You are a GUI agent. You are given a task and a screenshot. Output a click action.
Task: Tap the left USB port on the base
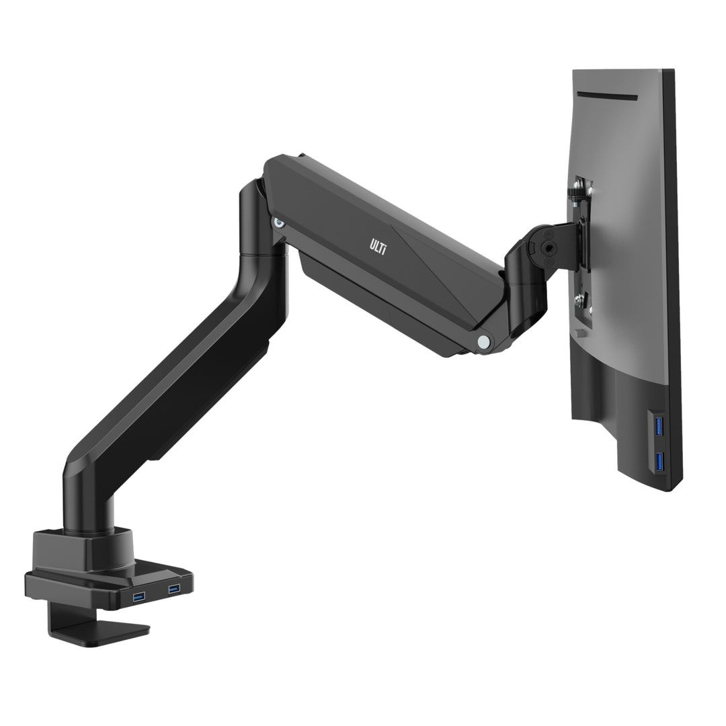[x=138, y=596]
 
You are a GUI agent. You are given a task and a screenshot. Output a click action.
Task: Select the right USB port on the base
[x=173, y=590]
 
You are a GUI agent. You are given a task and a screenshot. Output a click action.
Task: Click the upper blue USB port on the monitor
[x=658, y=426]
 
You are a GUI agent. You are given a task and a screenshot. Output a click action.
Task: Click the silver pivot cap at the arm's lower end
[x=483, y=341]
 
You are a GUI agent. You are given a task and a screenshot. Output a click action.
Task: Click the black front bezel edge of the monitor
[x=673, y=269]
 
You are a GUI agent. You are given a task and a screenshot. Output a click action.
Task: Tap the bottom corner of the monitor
[x=665, y=487]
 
